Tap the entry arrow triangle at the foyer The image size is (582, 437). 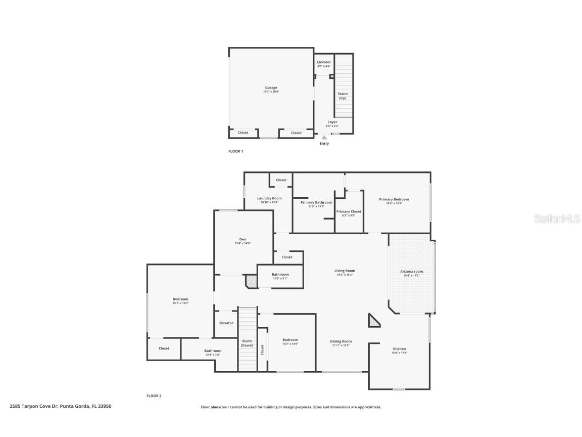(324, 137)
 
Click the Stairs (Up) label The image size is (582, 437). (343, 96)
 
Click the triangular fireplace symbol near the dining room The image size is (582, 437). (374, 321)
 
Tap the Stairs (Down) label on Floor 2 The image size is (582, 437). (247, 342)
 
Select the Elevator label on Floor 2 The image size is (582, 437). (226, 323)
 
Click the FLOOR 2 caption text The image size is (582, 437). (154, 396)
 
